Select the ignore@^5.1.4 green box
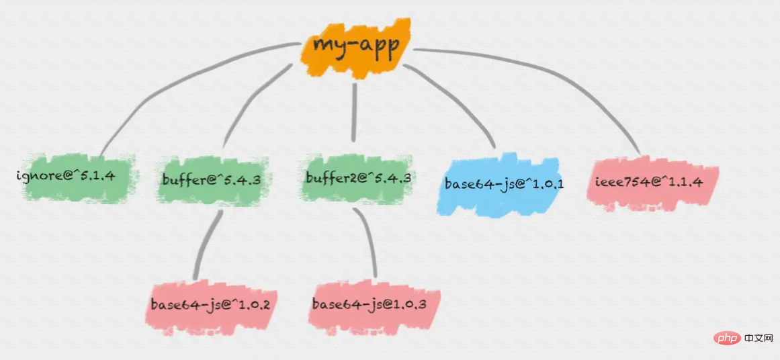(77, 177)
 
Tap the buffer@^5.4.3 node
(212, 179)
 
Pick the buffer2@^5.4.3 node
(357, 178)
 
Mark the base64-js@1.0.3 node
(369, 304)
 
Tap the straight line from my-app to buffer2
(354, 111)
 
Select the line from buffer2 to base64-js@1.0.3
(367, 242)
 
